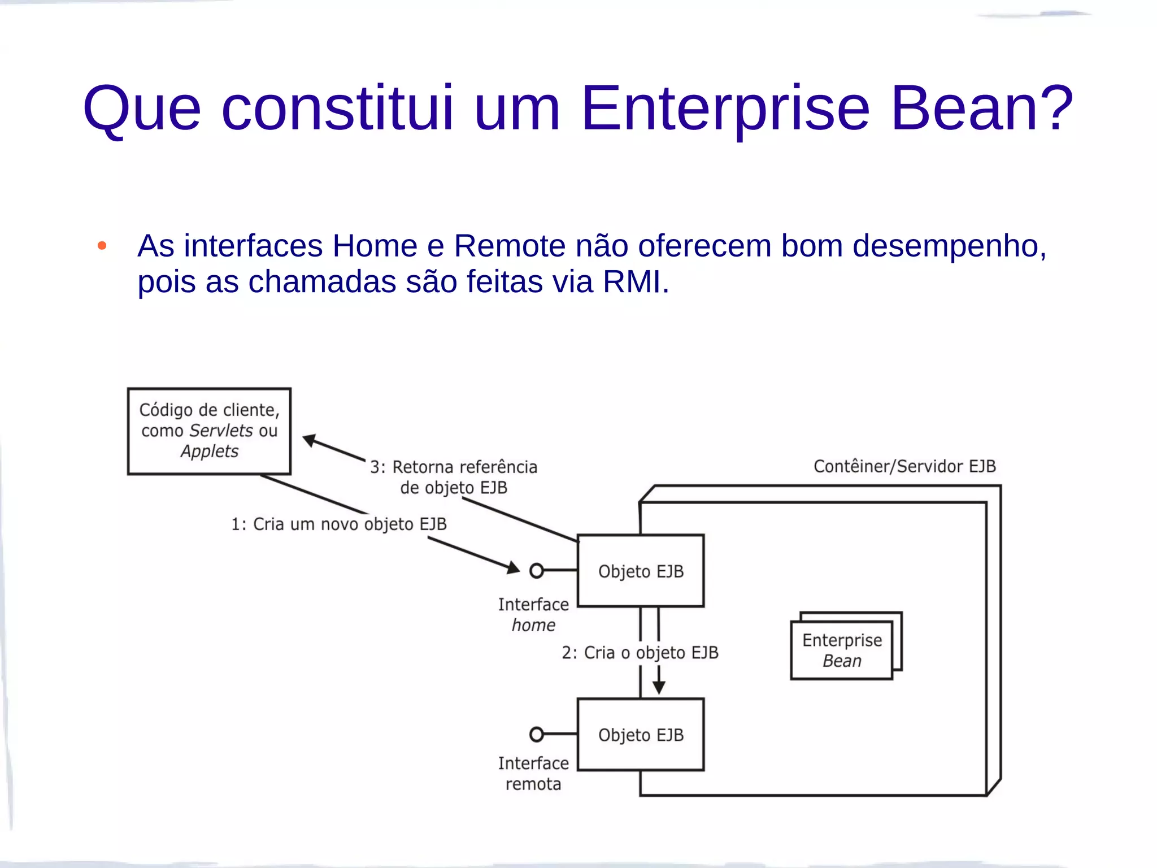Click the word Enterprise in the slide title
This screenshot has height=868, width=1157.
pos(725,108)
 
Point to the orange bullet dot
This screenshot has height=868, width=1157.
pos(102,246)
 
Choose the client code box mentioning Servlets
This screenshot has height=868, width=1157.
pos(209,431)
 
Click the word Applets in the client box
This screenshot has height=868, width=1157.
pos(210,452)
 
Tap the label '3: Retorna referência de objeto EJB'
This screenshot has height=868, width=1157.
pos(454,477)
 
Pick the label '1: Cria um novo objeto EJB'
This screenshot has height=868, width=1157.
pos(338,524)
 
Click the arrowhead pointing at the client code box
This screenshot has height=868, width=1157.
pos(310,440)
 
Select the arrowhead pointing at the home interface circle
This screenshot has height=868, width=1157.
pos(513,567)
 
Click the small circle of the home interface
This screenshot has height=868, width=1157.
pos(536,571)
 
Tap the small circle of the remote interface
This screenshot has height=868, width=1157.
pos(536,735)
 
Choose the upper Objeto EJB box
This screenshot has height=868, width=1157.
pos(641,571)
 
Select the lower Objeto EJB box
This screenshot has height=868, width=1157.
pos(641,735)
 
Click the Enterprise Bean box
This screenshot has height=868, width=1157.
pos(842,650)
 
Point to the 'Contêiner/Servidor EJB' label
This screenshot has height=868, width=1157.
pos(904,466)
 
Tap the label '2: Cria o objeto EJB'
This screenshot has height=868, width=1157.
pos(640,653)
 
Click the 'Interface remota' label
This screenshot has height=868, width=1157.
pos(533,774)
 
